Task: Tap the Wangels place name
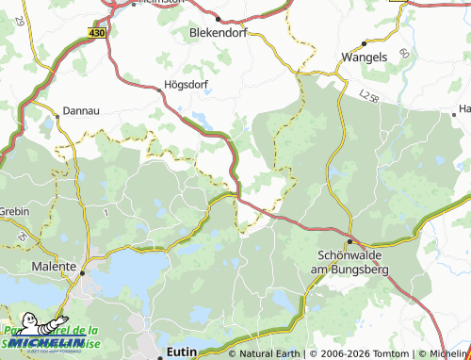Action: [364, 56]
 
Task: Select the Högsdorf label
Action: [186, 82]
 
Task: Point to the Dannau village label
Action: [80, 111]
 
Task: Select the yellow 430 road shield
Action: [98, 32]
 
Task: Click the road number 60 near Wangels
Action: [403, 56]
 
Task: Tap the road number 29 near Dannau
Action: [20, 47]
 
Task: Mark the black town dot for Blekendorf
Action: [218, 18]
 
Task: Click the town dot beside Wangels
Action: [364, 43]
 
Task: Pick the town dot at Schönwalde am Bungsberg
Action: [349, 242]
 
